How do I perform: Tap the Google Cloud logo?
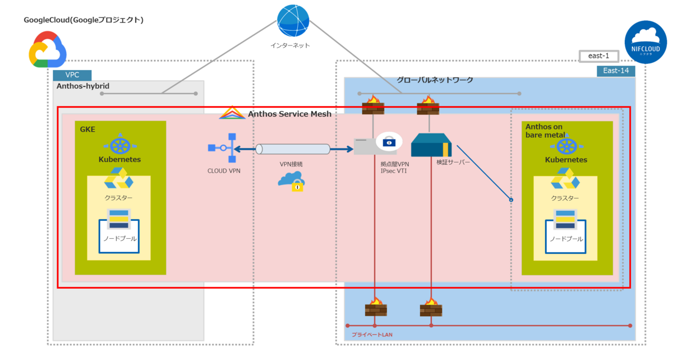(48, 50)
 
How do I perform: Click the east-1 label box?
(599, 56)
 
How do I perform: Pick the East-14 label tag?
(615, 71)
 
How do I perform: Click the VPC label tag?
(72, 75)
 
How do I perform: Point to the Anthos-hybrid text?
(82, 86)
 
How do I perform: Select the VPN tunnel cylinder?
(293, 149)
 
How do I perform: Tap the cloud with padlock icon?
(291, 181)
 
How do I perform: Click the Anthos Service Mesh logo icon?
(232, 113)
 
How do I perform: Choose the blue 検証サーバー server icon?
(431, 146)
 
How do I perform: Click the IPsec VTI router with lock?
(376, 144)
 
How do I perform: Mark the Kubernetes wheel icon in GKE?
(120, 145)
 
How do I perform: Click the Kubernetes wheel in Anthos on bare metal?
(566, 146)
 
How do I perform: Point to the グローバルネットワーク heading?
(435, 80)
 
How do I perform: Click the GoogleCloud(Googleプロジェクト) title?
(84, 20)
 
